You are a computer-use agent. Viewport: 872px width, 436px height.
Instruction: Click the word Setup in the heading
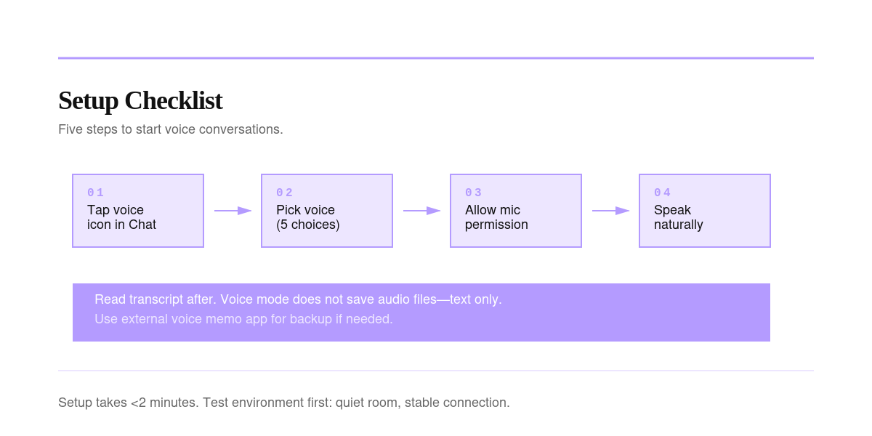click(x=89, y=101)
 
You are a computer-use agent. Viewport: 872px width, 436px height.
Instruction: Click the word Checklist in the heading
click(x=174, y=100)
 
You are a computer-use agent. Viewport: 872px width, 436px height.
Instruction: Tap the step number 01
click(x=95, y=193)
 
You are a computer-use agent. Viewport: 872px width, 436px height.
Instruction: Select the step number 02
click(x=284, y=193)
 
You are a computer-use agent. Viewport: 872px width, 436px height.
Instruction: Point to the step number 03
click(x=473, y=193)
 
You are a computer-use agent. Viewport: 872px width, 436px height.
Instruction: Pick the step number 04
click(x=662, y=193)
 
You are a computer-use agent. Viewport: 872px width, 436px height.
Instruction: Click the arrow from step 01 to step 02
click(x=233, y=211)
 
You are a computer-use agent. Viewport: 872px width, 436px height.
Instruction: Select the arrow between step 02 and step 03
click(x=421, y=211)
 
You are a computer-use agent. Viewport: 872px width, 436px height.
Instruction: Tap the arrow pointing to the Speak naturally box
click(x=610, y=211)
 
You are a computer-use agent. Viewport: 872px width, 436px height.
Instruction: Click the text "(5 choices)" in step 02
click(x=308, y=225)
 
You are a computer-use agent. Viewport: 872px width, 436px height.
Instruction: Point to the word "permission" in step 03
click(x=496, y=225)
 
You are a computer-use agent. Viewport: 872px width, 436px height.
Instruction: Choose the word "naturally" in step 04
click(x=678, y=225)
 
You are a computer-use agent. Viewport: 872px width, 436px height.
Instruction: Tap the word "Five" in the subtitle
click(x=70, y=129)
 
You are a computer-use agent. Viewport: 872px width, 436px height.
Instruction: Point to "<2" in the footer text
click(x=138, y=403)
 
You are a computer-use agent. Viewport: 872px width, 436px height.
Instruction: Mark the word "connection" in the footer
click(x=477, y=403)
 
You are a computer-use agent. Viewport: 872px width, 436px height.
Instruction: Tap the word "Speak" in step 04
click(x=672, y=210)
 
